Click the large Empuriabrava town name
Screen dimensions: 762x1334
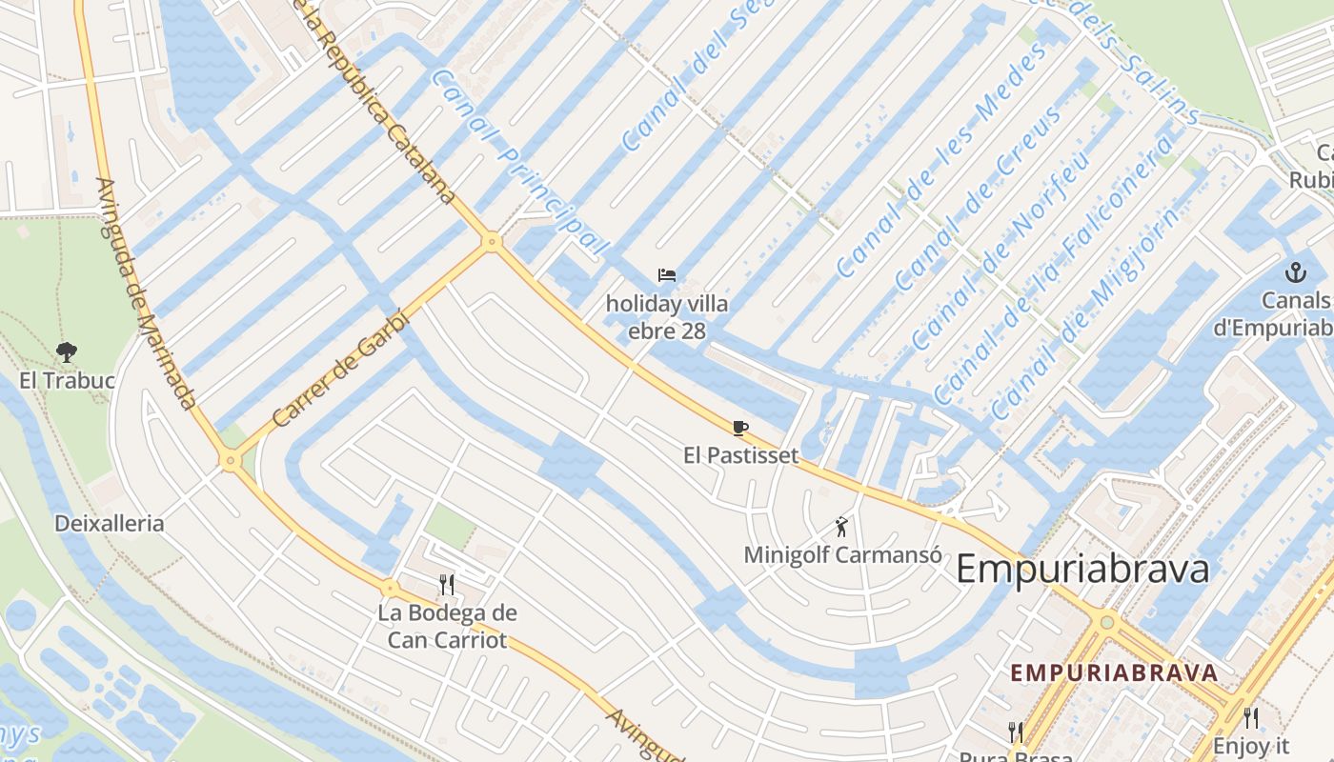1082,570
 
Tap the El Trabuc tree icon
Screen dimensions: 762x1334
67,352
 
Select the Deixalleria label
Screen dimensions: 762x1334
109,523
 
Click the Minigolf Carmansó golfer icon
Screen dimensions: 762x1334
841,526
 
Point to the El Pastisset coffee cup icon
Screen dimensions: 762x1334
740,428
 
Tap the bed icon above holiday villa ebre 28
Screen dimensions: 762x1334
667,276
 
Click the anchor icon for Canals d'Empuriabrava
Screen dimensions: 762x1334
1294,273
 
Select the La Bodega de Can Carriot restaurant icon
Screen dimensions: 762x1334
447,583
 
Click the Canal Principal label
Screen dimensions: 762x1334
519,162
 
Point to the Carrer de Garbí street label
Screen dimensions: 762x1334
340,370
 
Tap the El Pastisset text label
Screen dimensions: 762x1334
740,455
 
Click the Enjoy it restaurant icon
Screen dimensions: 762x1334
1250,718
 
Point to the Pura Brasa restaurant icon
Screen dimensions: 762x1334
1016,732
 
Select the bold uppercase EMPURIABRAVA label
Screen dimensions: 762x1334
1114,672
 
